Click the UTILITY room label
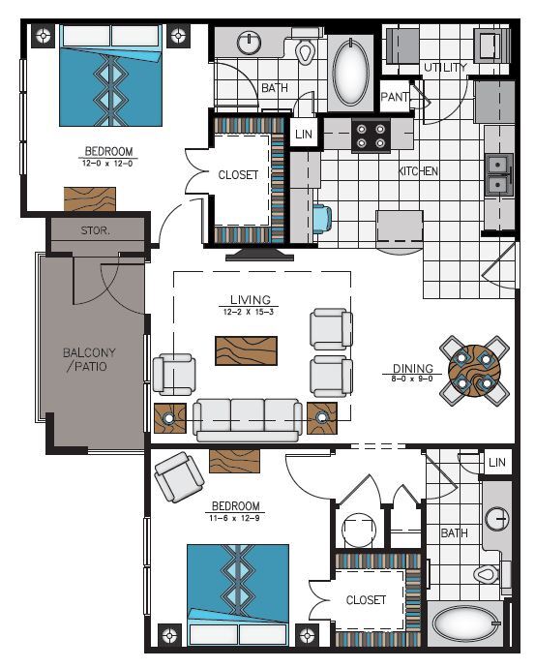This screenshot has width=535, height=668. [445, 68]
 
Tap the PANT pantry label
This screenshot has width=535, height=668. [394, 97]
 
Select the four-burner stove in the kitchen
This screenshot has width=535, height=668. [370, 135]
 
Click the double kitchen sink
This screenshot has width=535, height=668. [499, 174]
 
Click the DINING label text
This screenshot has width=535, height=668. [412, 369]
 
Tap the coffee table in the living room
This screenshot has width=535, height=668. [246, 349]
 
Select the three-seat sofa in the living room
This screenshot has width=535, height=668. [248, 418]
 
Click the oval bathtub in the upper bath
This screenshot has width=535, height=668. [350, 72]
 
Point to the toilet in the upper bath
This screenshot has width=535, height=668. [307, 50]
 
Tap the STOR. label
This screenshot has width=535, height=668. [96, 231]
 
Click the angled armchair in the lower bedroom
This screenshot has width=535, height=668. [179, 476]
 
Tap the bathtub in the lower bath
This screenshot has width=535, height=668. [466, 624]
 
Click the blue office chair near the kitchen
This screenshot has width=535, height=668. [322, 220]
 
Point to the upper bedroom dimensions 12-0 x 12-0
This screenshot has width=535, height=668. [108, 164]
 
